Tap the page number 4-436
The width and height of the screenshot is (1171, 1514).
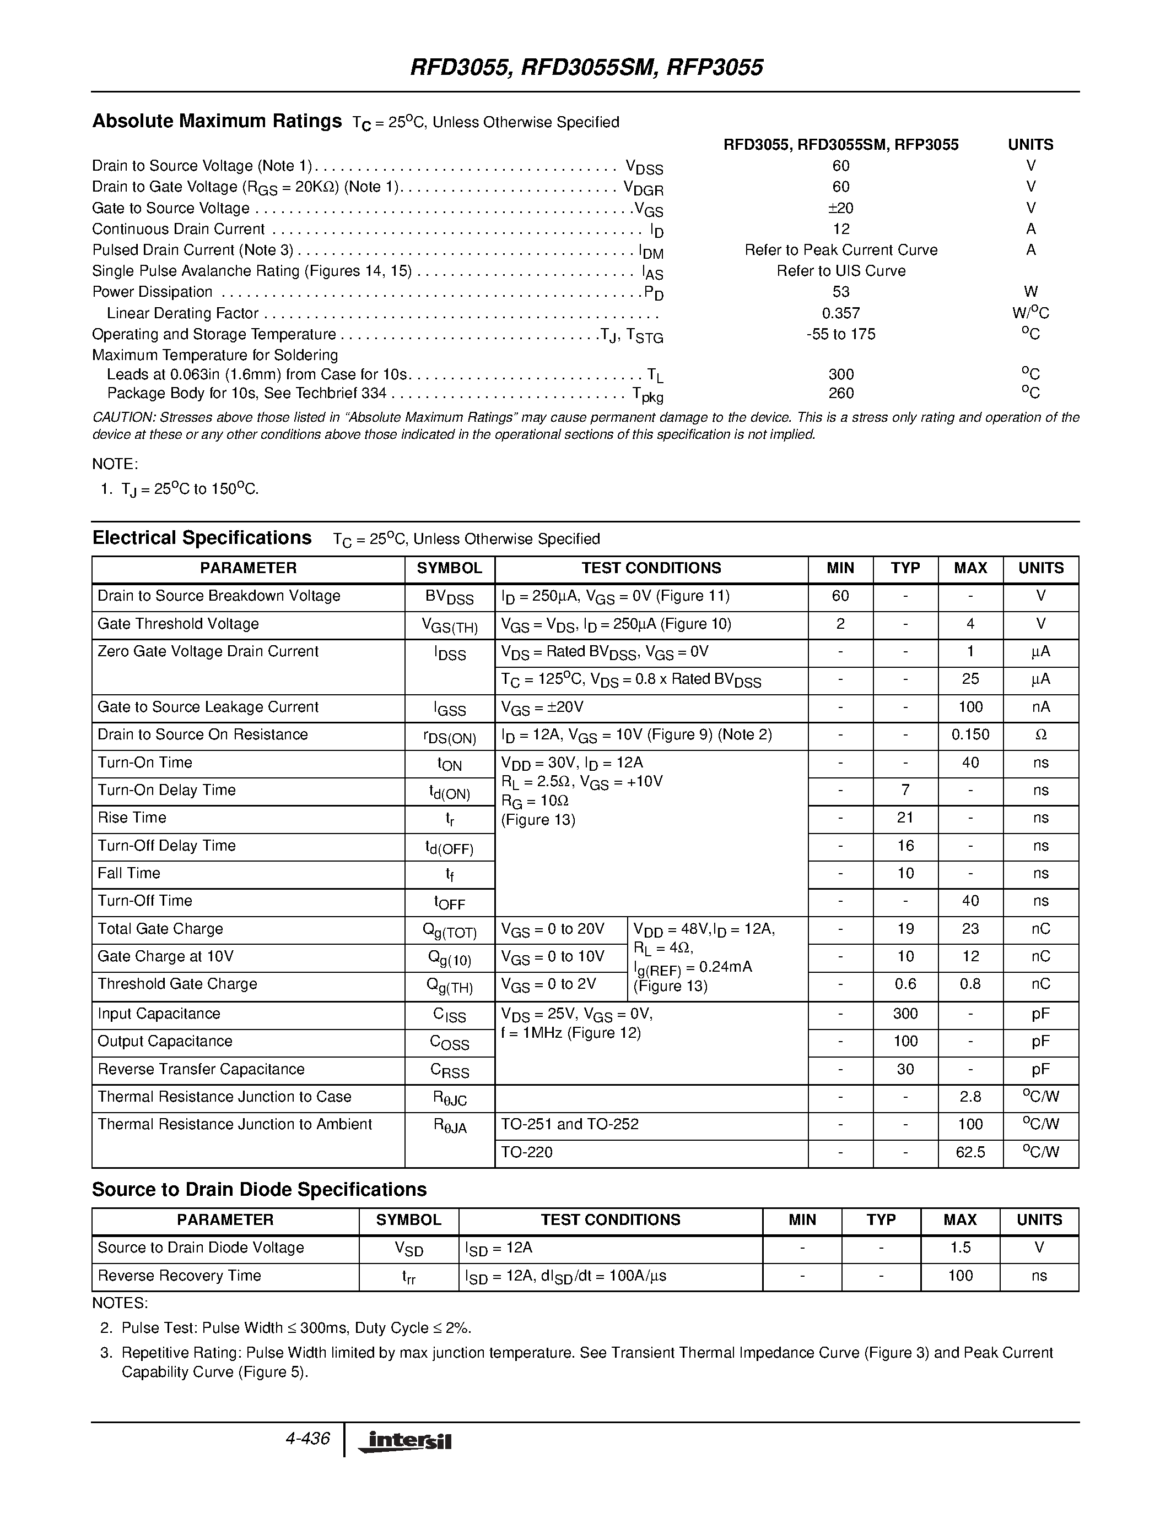click(307, 1439)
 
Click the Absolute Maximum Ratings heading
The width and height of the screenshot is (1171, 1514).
click(217, 121)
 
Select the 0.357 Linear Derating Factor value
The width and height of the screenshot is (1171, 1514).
click(841, 313)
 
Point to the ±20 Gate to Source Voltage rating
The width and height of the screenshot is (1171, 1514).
click(841, 208)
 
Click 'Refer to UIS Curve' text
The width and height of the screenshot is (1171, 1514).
click(841, 271)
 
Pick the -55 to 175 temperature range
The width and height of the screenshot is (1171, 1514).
click(841, 334)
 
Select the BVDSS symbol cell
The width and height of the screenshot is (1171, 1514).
click(450, 597)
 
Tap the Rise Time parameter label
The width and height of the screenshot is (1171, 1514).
click(132, 818)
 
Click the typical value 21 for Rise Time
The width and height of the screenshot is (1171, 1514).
click(905, 818)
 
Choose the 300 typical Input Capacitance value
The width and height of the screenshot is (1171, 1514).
click(905, 1014)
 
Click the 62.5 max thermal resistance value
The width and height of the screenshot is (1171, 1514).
click(970, 1152)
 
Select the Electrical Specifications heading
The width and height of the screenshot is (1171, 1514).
click(202, 538)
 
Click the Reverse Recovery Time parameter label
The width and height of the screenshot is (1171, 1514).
click(179, 1276)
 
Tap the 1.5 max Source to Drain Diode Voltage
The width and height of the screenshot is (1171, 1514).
click(960, 1248)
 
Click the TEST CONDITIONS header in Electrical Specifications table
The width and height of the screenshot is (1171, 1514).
click(651, 569)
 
